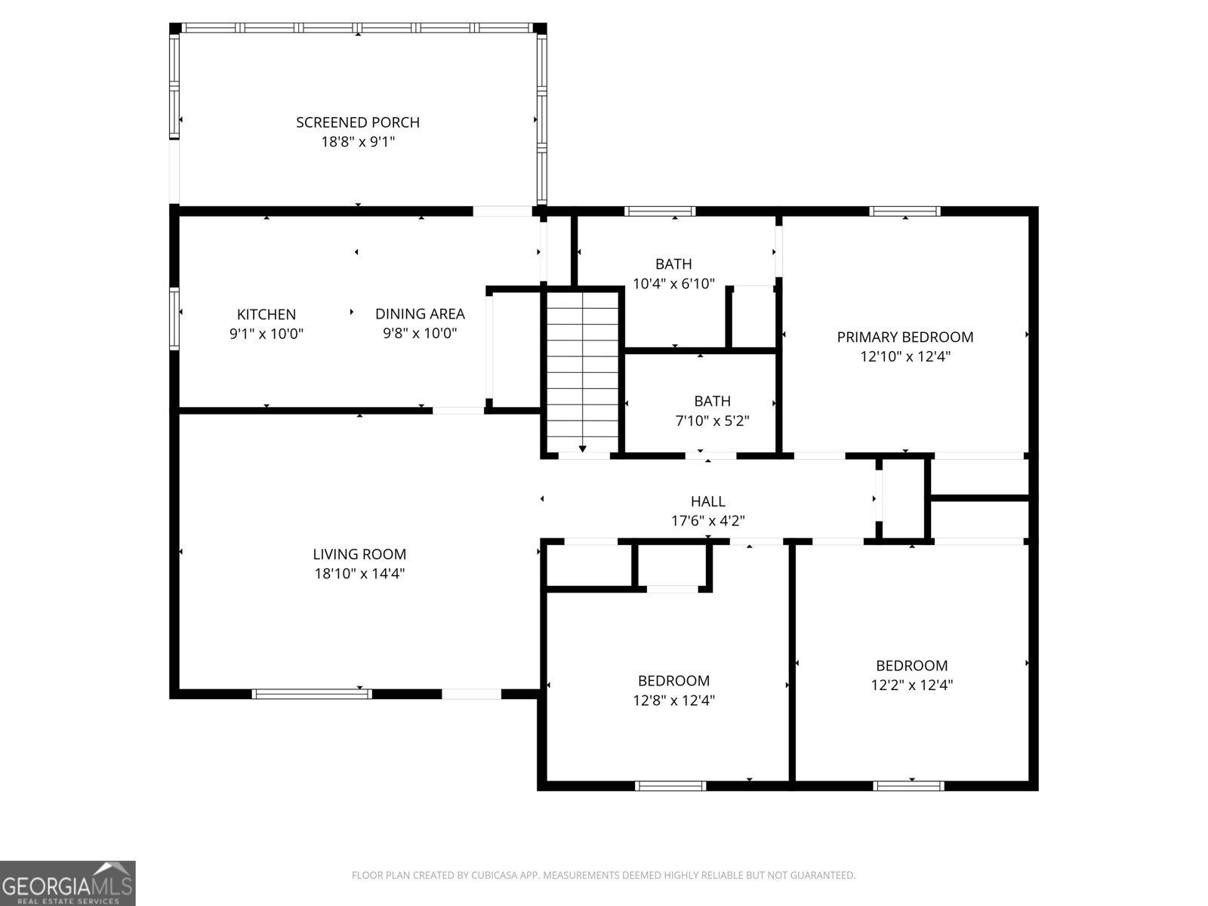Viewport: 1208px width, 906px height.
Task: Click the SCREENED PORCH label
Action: click(357, 122)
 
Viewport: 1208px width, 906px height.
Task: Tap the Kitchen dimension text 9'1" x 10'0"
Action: click(266, 334)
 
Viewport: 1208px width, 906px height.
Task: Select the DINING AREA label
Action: click(420, 314)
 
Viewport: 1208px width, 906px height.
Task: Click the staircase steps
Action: click(582, 362)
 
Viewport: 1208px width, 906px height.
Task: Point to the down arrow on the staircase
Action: click(583, 448)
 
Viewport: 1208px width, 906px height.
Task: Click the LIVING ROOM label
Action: click(359, 554)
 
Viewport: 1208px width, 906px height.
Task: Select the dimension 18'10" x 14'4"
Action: click(359, 574)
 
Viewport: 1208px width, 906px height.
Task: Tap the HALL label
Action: click(707, 501)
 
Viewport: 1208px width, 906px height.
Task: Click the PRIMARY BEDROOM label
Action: click(904, 337)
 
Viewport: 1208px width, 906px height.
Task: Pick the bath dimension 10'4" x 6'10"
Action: click(673, 285)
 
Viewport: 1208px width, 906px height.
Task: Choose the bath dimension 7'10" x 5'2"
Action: click(712, 421)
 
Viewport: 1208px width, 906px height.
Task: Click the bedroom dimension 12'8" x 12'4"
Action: click(673, 701)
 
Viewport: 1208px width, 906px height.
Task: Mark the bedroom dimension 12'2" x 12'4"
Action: click(911, 686)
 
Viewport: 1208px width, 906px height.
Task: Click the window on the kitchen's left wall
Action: click(175, 318)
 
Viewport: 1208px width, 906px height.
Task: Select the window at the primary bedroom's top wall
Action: click(904, 211)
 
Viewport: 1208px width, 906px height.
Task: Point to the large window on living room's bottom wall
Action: click(312, 694)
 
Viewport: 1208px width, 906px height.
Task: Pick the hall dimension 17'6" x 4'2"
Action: click(707, 521)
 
